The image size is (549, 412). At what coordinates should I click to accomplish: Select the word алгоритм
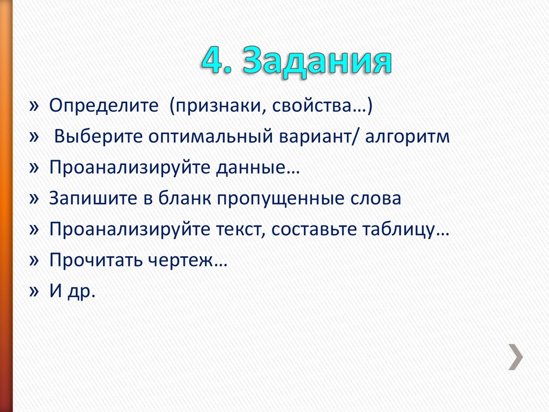pyautogui.click(x=407, y=136)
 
